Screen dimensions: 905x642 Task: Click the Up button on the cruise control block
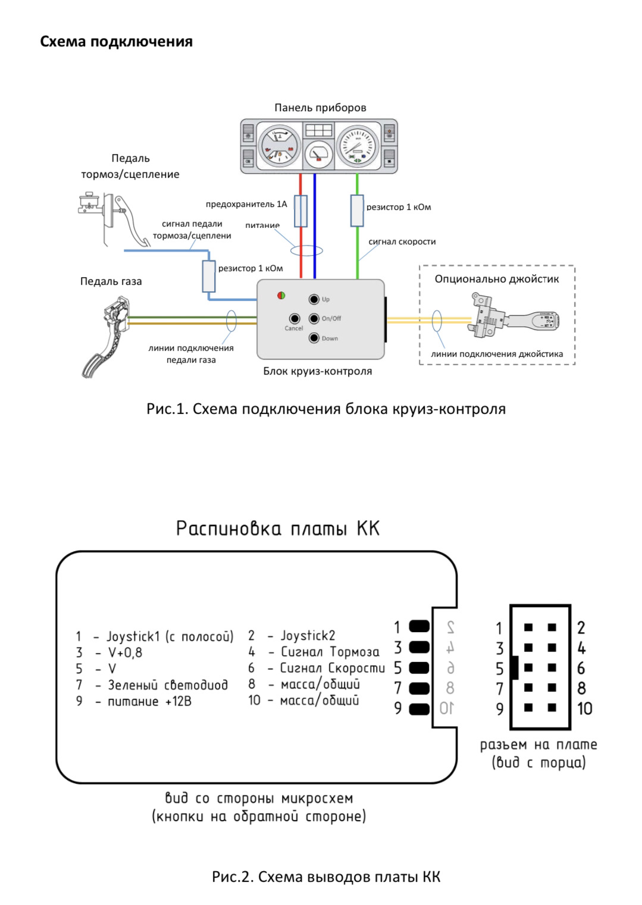(314, 299)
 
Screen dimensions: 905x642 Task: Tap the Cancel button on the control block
(294, 319)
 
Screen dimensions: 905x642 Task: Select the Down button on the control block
(314, 338)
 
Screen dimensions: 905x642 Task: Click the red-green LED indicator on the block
(281, 296)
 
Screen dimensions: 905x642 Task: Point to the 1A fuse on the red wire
(301, 211)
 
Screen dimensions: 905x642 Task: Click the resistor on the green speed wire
(357, 210)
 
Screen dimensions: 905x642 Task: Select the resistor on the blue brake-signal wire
(209, 276)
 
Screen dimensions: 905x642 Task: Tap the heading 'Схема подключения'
(116, 42)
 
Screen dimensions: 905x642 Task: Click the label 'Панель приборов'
(320, 108)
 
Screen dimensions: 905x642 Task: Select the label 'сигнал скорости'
(402, 241)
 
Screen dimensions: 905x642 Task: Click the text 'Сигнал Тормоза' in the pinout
(330, 652)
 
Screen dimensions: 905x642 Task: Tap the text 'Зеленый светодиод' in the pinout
(168, 685)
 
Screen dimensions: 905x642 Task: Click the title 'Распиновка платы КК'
(277, 529)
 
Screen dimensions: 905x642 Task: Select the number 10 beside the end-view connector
(585, 708)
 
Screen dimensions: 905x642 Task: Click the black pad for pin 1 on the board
(419, 627)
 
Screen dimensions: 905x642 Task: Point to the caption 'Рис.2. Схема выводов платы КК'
(326, 876)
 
